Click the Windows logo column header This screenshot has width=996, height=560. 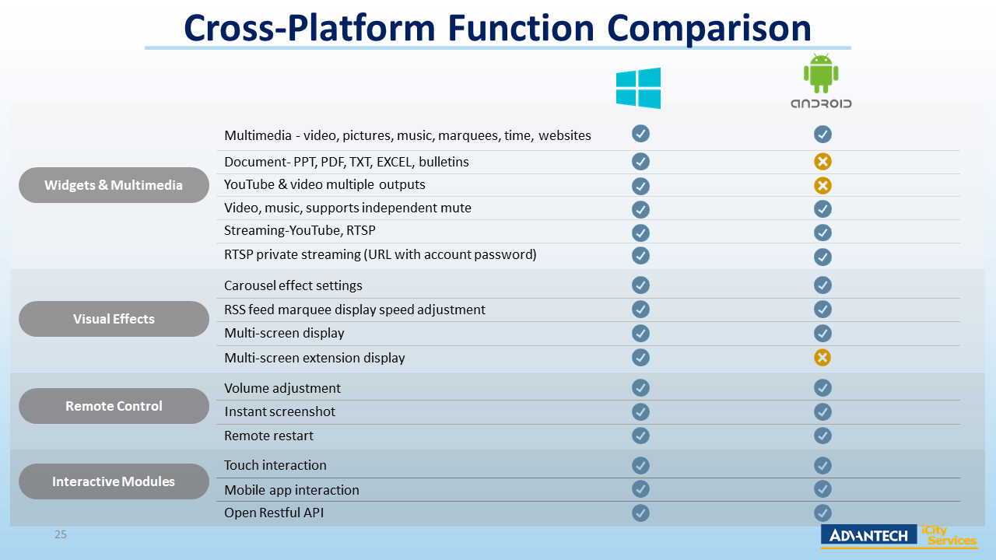[638, 88]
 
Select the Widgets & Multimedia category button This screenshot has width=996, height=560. [114, 185]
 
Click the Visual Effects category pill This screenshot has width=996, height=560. [114, 319]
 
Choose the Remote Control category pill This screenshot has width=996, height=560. [114, 406]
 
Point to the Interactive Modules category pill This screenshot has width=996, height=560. [114, 481]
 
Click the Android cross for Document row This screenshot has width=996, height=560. [822, 162]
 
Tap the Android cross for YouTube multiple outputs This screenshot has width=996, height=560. [822, 185]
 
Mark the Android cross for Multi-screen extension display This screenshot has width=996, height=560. [822, 357]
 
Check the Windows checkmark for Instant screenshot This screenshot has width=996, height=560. [640, 411]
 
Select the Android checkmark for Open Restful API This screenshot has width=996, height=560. [822, 513]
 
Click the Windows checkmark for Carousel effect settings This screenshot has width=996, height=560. [640, 285]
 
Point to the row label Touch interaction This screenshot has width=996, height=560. [275, 465]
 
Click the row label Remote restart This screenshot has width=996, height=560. [268, 436]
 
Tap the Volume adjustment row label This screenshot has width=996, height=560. [282, 388]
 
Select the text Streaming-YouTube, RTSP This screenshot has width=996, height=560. [300, 231]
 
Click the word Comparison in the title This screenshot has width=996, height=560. [709, 28]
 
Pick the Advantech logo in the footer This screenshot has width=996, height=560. [868, 535]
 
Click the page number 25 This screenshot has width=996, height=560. [60, 534]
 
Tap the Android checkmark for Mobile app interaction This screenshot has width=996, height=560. [822, 488]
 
